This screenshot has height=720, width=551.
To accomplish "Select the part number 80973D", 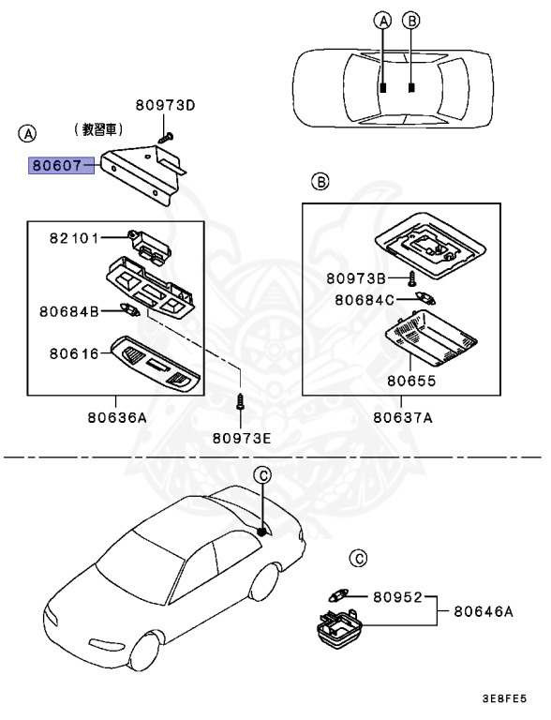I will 164,105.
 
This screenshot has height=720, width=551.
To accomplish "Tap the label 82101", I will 75,239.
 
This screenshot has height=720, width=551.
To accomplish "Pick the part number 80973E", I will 241,436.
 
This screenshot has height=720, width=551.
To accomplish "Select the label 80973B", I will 356,278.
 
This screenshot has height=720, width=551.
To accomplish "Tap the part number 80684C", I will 356,299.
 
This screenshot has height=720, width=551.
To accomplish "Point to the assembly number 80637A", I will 401,418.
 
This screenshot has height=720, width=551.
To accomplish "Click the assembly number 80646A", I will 484,611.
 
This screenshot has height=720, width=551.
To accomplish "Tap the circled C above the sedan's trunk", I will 263,476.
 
